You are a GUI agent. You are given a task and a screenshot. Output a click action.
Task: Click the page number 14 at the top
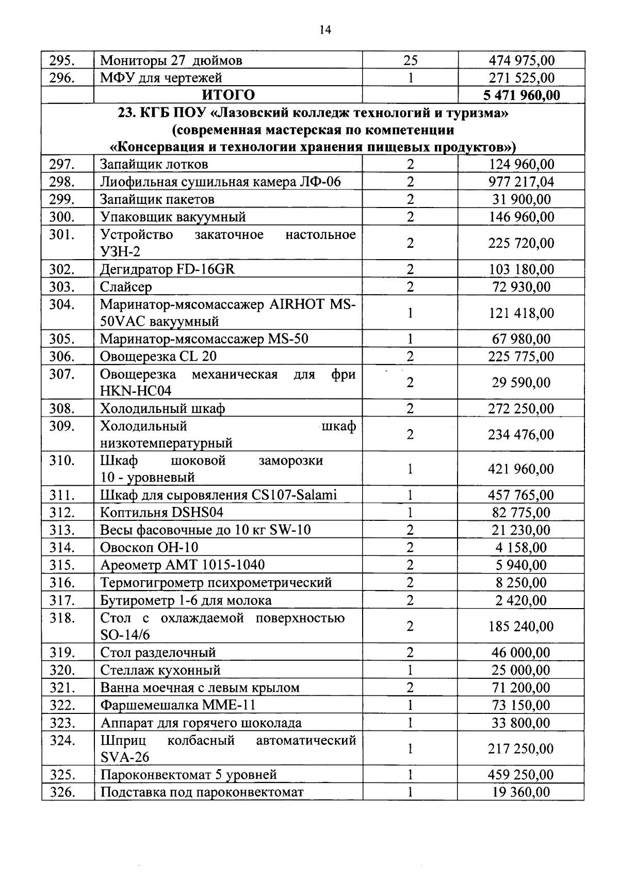point(325,29)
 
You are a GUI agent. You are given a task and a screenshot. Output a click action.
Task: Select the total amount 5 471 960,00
point(521,95)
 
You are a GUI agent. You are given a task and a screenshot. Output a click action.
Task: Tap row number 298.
point(62,182)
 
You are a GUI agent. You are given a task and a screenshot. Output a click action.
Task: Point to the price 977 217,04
point(521,182)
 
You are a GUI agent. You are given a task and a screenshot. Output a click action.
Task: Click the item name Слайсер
point(126,287)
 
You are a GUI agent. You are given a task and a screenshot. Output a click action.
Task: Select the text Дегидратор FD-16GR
point(167,269)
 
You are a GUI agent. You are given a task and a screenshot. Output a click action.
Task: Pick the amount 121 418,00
point(521,313)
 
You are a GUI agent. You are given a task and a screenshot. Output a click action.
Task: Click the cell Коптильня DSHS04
point(161,513)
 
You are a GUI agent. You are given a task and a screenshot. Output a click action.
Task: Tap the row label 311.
point(62,495)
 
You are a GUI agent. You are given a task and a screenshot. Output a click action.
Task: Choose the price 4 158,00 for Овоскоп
point(521,548)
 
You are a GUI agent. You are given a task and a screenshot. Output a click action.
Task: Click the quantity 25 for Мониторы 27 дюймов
point(410,60)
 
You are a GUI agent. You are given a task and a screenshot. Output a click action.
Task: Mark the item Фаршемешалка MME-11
point(178,705)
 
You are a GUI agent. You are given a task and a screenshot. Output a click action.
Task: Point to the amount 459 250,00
point(521,775)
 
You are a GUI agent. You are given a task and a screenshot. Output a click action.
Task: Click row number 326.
point(62,792)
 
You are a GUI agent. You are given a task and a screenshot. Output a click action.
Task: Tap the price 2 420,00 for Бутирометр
point(521,600)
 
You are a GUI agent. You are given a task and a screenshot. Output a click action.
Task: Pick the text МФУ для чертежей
point(160,78)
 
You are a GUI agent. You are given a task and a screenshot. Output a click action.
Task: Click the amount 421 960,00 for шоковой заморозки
point(521,469)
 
